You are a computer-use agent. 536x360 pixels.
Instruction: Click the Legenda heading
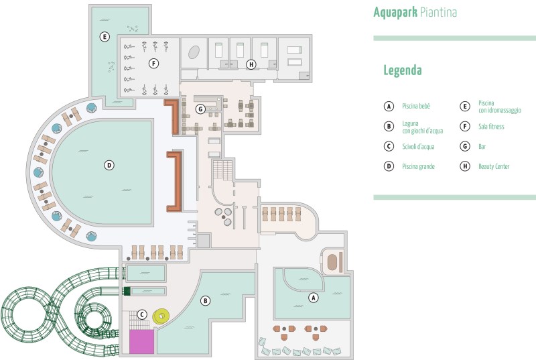(402, 70)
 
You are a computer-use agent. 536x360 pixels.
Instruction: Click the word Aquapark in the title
(395, 13)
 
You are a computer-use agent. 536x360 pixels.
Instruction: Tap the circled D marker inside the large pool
(108, 164)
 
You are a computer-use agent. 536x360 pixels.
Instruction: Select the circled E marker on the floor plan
(104, 36)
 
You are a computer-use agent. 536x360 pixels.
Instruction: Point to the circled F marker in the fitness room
(153, 64)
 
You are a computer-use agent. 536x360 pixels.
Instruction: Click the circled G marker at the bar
(200, 108)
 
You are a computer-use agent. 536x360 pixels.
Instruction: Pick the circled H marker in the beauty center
(251, 65)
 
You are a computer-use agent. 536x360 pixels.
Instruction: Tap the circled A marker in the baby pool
(312, 297)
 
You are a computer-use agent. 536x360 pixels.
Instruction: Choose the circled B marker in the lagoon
(206, 301)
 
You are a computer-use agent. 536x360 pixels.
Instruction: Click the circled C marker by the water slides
(141, 314)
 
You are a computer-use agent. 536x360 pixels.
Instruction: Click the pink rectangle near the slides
(141, 341)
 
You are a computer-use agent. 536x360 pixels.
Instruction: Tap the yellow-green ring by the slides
(161, 316)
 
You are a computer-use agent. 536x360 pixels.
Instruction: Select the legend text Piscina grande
(419, 166)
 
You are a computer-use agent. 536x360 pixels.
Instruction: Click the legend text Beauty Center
(494, 166)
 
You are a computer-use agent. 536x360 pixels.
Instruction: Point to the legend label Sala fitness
(491, 126)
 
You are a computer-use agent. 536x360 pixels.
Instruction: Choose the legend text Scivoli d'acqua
(419, 146)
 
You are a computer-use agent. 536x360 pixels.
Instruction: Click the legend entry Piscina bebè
(416, 106)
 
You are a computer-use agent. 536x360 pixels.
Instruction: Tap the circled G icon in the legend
(464, 146)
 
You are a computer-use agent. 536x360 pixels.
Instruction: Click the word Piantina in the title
(439, 13)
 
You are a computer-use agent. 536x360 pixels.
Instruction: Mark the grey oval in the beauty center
(195, 52)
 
